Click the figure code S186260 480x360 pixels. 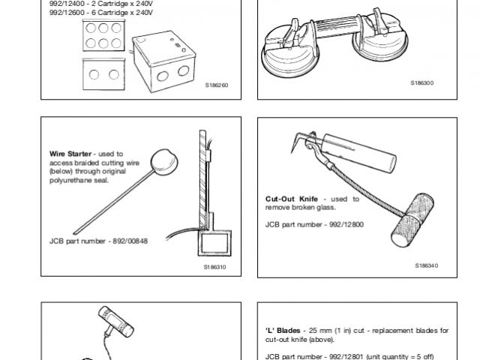(x=215, y=85)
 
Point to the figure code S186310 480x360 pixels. (x=215, y=266)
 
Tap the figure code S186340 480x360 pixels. (x=425, y=265)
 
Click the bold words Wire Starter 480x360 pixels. (x=68, y=153)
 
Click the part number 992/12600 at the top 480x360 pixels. (x=65, y=9)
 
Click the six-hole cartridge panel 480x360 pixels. (x=103, y=34)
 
